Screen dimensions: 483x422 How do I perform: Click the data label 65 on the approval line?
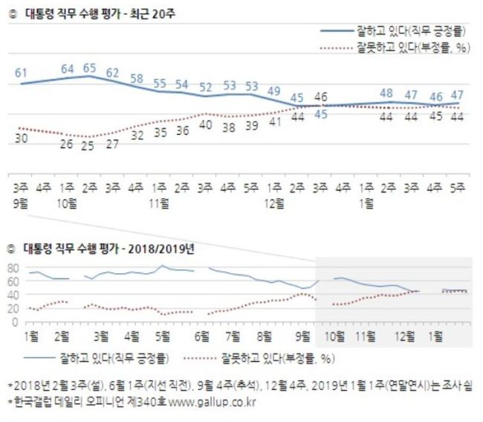(90, 68)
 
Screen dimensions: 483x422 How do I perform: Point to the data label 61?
(22, 73)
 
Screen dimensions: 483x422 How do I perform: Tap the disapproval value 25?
(88, 146)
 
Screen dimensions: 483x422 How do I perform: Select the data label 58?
(137, 78)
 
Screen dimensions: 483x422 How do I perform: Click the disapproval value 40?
(205, 125)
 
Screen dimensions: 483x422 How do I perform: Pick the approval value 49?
(274, 91)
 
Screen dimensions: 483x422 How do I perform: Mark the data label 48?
(386, 93)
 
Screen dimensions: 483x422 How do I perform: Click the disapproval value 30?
(22, 138)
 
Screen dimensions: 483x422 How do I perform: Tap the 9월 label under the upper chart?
(20, 204)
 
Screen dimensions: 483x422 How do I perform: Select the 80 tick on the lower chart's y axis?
(13, 269)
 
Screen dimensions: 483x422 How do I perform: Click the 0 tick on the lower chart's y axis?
(16, 322)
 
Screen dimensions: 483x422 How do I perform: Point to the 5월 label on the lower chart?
(163, 336)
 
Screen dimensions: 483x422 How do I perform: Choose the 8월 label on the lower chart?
(265, 336)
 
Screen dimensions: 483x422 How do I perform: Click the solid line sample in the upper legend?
(337, 31)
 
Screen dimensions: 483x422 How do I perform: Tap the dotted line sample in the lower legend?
(200, 359)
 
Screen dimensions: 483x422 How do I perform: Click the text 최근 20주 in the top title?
(152, 14)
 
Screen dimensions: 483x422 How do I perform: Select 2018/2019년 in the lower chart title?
(161, 249)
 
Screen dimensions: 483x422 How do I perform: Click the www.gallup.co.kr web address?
(213, 402)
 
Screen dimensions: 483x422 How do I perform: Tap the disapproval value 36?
(182, 130)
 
